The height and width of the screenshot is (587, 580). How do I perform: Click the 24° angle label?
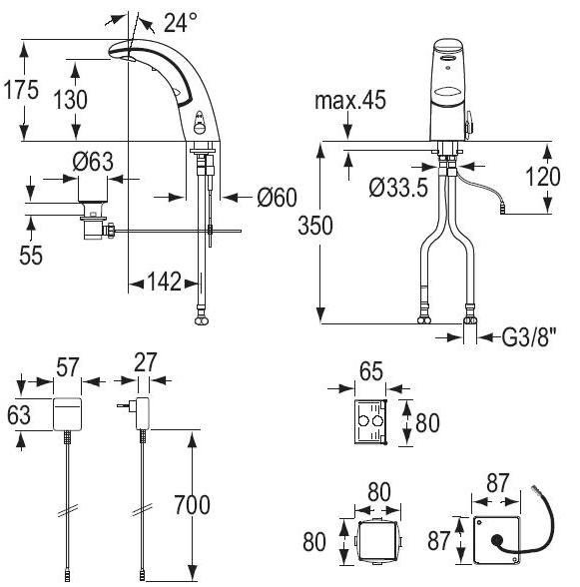pos(181,22)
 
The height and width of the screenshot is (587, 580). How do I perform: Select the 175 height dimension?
pos(21,90)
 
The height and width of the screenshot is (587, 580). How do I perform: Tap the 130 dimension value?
pos(71,100)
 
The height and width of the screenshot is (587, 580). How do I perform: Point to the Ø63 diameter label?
pos(93,162)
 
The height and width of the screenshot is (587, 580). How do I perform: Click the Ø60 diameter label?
pos(278,198)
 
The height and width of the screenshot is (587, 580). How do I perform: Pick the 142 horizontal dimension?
pos(165,282)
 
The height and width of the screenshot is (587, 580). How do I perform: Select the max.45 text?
pos(350,100)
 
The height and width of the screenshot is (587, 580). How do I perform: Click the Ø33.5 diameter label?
pos(398,188)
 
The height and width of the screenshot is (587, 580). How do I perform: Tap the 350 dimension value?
pos(315,226)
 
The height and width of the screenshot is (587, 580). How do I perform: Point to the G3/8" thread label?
pos(529,337)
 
